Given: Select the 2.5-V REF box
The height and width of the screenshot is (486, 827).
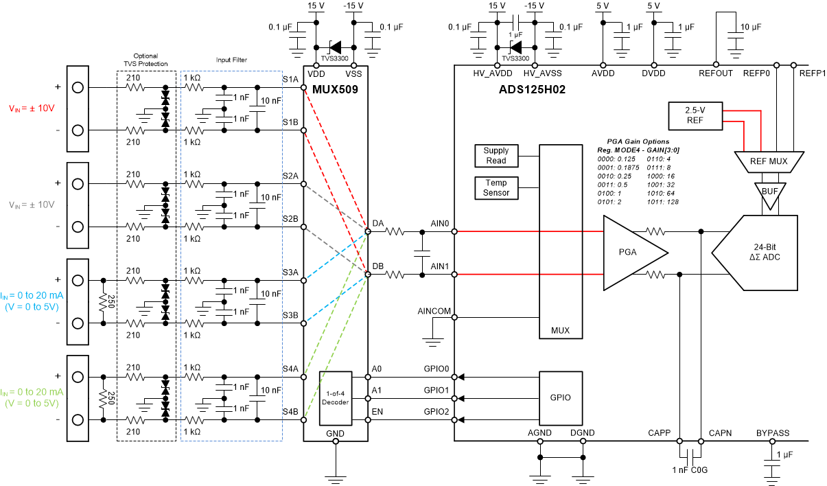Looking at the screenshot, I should coord(695,115).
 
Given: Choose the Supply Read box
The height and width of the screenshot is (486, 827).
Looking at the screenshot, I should coord(496,156).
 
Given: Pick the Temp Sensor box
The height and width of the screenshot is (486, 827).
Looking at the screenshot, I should coord(496,188).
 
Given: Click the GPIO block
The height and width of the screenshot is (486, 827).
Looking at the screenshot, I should coord(560,397).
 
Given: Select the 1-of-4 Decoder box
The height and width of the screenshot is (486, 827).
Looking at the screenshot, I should coord(336,397).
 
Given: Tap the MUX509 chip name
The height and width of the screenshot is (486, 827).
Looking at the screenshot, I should coord(335,89).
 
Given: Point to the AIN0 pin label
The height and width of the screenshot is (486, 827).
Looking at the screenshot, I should coord(439,224).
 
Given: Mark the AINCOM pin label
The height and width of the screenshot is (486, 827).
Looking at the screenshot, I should coord(434,311).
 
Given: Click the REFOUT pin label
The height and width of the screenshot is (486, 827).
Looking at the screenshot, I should coord(715,73).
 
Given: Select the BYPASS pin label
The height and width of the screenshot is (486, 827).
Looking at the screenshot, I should coord(773,433).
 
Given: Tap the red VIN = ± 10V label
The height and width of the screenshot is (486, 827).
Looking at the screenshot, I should coord(32,108).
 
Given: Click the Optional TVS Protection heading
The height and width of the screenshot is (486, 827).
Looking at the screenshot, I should coord(145,60).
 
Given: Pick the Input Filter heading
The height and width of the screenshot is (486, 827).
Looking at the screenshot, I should coord(231,60).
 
